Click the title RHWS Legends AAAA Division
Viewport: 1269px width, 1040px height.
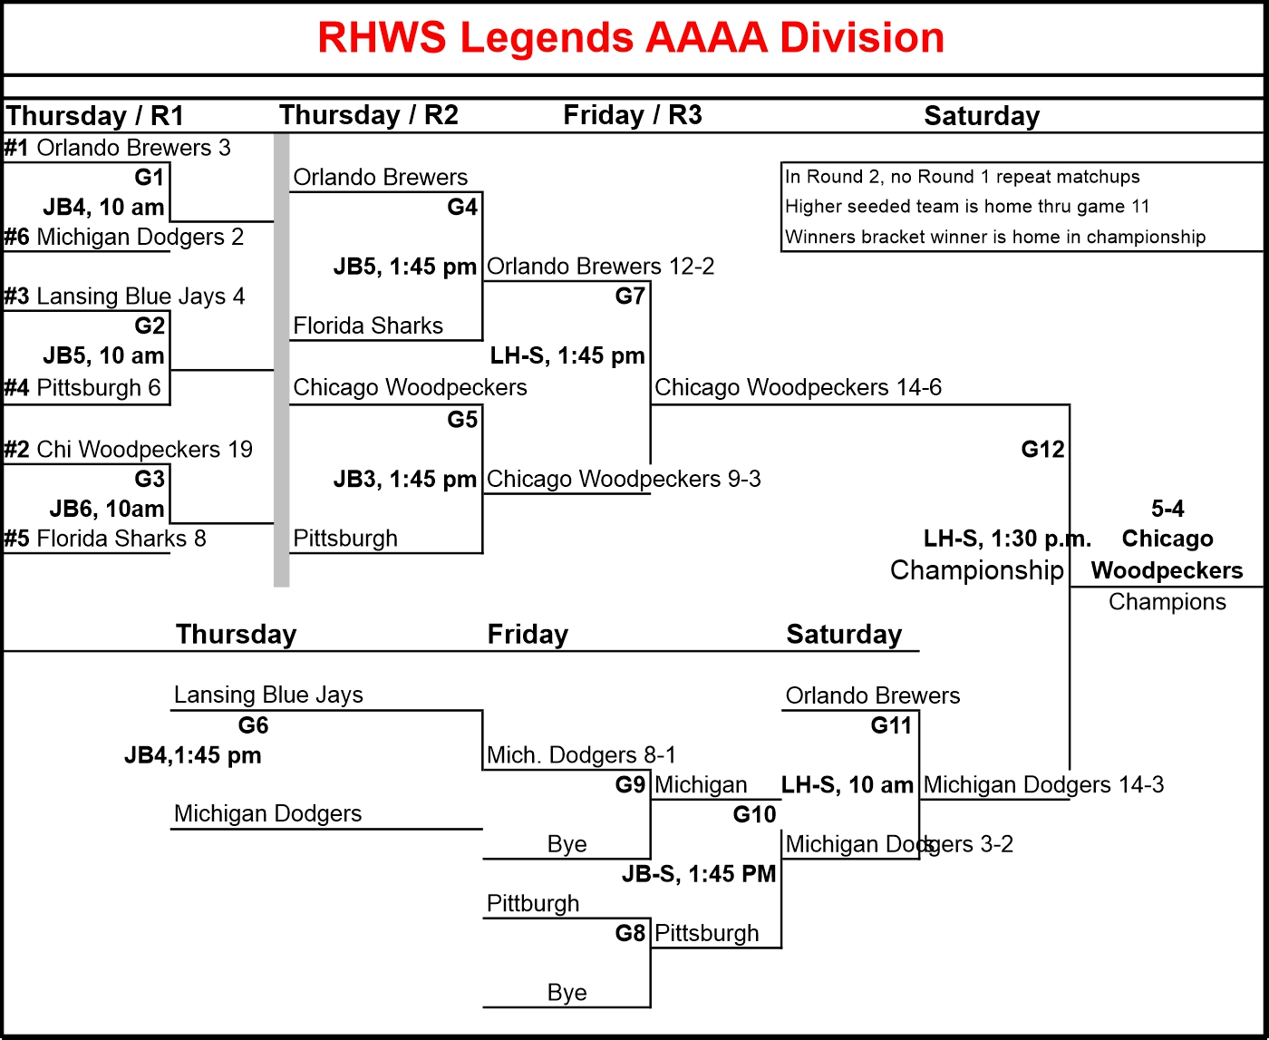click(631, 38)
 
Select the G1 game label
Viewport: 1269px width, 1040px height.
click(150, 177)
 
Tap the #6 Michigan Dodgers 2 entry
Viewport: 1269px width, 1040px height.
click(124, 238)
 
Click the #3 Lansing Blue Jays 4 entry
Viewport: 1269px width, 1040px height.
click(124, 296)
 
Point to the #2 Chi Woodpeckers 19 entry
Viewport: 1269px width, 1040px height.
click(128, 450)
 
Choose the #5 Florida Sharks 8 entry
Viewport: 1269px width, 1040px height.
click(105, 539)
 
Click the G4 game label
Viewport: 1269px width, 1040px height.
click(462, 208)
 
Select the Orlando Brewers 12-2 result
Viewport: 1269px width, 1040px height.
click(600, 267)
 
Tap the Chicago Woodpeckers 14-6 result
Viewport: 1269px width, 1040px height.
click(798, 388)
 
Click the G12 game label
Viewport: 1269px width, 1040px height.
click(1042, 450)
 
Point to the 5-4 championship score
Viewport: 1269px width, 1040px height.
click(1167, 509)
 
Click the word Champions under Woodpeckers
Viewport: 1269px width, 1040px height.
click(1167, 602)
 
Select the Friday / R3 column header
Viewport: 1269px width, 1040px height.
click(632, 115)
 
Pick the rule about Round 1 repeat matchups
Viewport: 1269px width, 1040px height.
click(962, 177)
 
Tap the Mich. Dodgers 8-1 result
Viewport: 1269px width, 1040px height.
click(581, 755)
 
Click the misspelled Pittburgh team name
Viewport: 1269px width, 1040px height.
click(533, 904)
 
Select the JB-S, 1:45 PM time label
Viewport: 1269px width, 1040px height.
click(699, 874)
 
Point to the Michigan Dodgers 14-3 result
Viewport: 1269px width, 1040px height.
click(1043, 785)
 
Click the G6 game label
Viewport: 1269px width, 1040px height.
click(254, 725)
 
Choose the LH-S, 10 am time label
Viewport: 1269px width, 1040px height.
click(848, 785)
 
